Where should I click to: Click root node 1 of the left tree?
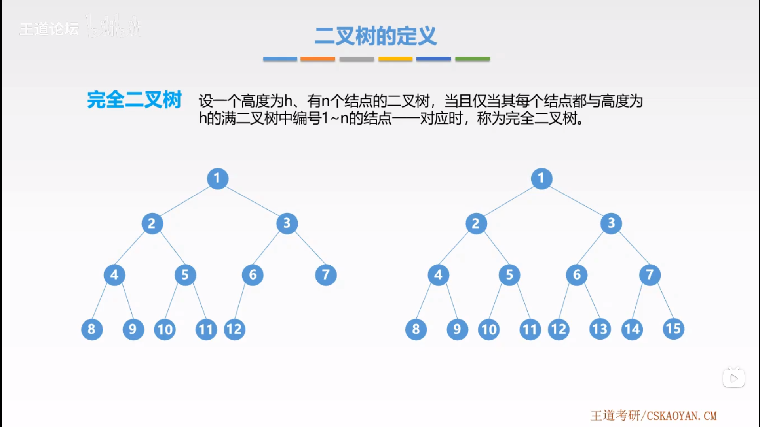pyautogui.click(x=217, y=178)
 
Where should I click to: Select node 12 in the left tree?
pyautogui.click(x=234, y=329)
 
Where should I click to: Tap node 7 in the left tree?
pyautogui.click(x=326, y=275)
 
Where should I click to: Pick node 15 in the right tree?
pyautogui.click(x=673, y=329)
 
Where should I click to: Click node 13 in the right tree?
pyautogui.click(x=600, y=329)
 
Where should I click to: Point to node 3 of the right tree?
pyautogui.click(x=611, y=223)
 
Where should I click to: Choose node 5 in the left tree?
pyautogui.click(x=185, y=275)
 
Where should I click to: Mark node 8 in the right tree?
pyautogui.click(x=416, y=329)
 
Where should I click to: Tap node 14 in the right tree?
pyautogui.click(x=632, y=329)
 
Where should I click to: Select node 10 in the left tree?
pyautogui.click(x=165, y=329)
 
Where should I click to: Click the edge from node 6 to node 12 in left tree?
pyautogui.click(x=241, y=301)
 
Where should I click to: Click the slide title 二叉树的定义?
pyautogui.click(x=376, y=36)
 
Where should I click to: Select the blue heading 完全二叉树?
pyautogui.click(x=134, y=99)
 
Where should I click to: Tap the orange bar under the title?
pyautogui.click(x=317, y=59)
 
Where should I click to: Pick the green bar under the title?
pyautogui.click(x=472, y=59)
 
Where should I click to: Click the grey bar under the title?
pyautogui.click(x=356, y=59)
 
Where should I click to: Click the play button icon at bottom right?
pyautogui.click(x=733, y=378)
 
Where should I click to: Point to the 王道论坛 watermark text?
pyautogui.click(x=49, y=29)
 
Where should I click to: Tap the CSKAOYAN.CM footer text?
pyautogui.click(x=681, y=416)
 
